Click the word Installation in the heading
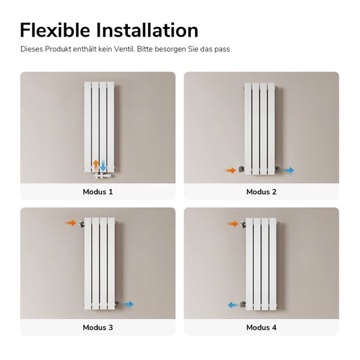(151, 30)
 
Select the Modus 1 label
(98, 192)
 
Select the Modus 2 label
(261, 192)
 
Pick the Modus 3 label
(98, 328)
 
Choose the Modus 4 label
(261, 328)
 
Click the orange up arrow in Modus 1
(95, 164)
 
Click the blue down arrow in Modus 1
(103, 165)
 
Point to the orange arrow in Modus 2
(230, 170)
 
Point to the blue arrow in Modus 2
(289, 170)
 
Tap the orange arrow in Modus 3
(71, 223)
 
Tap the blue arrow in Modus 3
(128, 304)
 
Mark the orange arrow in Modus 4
(233, 224)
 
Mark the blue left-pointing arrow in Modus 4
(232, 305)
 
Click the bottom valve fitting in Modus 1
(101, 176)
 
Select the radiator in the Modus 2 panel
(259, 128)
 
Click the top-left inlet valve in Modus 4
(243, 224)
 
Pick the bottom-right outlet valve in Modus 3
(118, 304)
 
